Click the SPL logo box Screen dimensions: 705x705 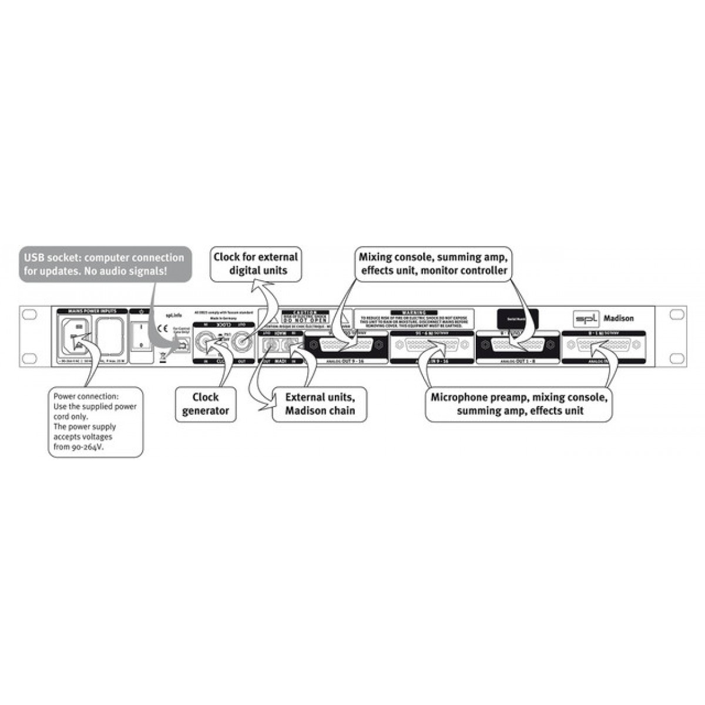[585, 318]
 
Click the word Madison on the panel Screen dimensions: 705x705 [618, 318]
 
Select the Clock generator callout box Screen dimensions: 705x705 [205, 404]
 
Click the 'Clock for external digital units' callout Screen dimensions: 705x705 [256, 264]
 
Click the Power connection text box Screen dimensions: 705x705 [95, 422]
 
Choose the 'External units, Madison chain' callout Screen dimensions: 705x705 [320, 404]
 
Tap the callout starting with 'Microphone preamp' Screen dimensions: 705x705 [518, 404]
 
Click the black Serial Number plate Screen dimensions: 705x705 [518, 316]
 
